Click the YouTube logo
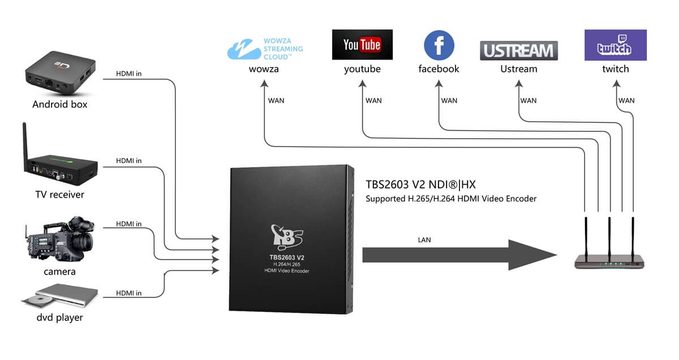(x=362, y=45)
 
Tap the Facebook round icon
(x=439, y=45)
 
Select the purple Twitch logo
(x=616, y=45)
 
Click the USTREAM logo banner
(x=519, y=50)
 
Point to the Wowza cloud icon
(x=243, y=49)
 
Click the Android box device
(x=61, y=73)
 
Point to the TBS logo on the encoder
(x=286, y=237)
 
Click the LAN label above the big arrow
(x=424, y=240)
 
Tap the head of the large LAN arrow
(x=532, y=255)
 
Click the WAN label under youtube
(x=373, y=101)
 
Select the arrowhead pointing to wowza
(x=264, y=83)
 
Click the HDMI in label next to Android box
(x=129, y=74)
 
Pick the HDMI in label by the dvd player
(x=129, y=293)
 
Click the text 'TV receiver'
(x=60, y=194)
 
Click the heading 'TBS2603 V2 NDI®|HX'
(x=420, y=185)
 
